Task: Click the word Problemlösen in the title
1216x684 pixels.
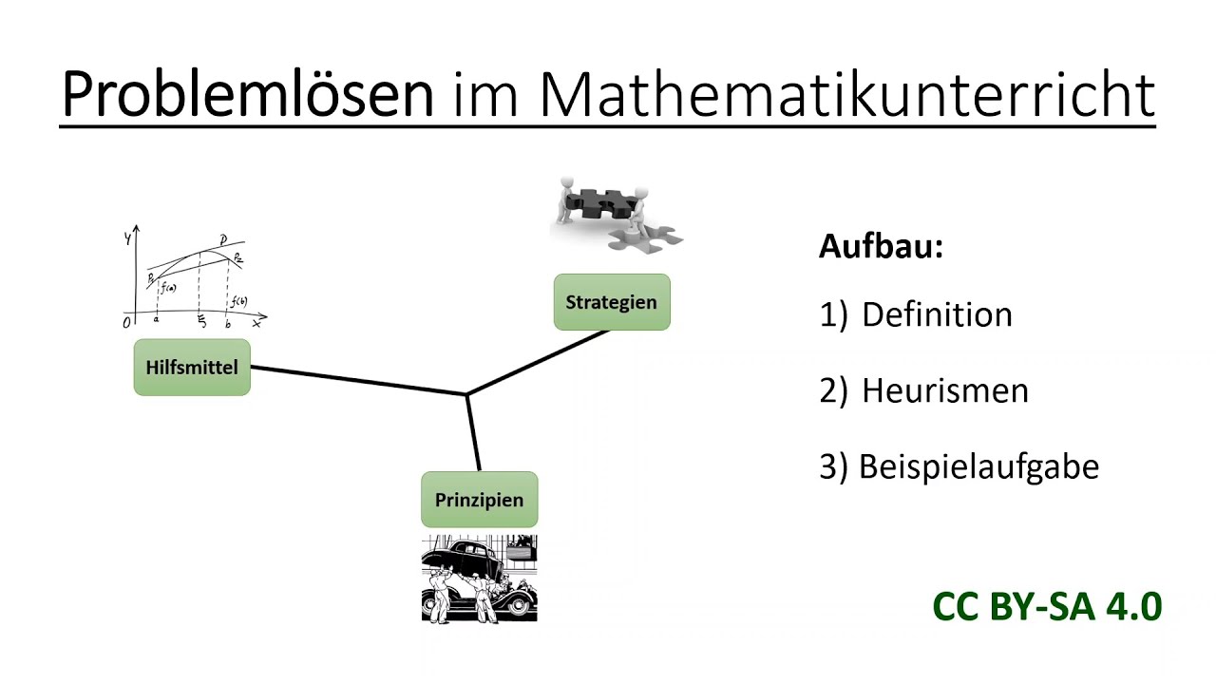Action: (x=247, y=95)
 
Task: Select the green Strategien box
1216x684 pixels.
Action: (x=611, y=302)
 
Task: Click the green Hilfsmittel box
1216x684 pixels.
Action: (x=192, y=367)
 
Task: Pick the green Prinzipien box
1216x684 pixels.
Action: (x=479, y=500)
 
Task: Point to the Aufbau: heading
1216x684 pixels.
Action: (x=881, y=247)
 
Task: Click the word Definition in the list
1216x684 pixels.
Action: (x=937, y=315)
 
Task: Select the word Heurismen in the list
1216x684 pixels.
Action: (x=944, y=390)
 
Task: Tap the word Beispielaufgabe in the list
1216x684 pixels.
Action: (x=978, y=466)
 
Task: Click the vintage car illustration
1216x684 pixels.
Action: (x=479, y=579)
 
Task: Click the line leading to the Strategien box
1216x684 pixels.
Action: (x=538, y=362)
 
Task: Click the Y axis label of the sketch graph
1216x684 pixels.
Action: (x=126, y=238)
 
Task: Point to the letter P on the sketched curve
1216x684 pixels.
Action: (x=222, y=241)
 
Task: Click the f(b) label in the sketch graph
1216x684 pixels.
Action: (x=238, y=302)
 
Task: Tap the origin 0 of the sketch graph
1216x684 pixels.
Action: (x=127, y=323)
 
